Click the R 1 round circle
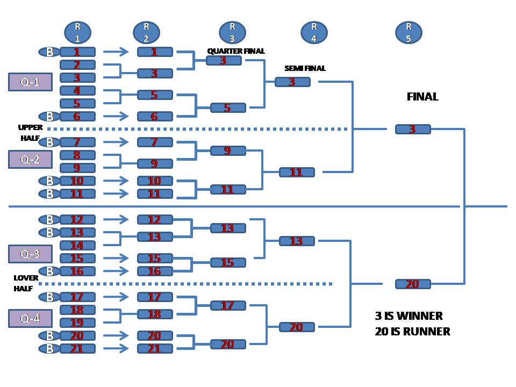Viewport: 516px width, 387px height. tap(77, 32)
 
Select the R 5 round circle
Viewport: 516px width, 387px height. tap(408, 32)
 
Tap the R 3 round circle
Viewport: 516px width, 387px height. tap(232, 32)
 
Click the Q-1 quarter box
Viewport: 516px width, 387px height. tap(30, 82)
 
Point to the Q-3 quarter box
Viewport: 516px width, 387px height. tap(30, 254)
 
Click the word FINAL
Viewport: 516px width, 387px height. tap(422, 97)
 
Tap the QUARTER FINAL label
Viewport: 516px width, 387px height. tap(236, 51)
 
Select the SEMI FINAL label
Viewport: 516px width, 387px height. tap(305, 68)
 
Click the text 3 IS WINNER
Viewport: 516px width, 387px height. tap(408, 316)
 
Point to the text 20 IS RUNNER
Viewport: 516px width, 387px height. tap(412, 332)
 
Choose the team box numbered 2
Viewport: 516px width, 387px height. tap(77, 65)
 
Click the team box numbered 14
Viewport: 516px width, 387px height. tap(77, 246)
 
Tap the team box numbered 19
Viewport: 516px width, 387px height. tap(77, 323)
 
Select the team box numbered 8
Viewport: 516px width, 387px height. tap(77, 155)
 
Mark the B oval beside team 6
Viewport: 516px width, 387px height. tap(49, 116)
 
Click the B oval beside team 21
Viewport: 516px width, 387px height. tap(49, 349)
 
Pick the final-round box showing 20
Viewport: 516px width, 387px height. tap(413, 284)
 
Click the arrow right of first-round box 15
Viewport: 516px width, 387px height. tap(116, 258)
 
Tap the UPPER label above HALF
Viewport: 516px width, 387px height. tap(30, 128)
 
